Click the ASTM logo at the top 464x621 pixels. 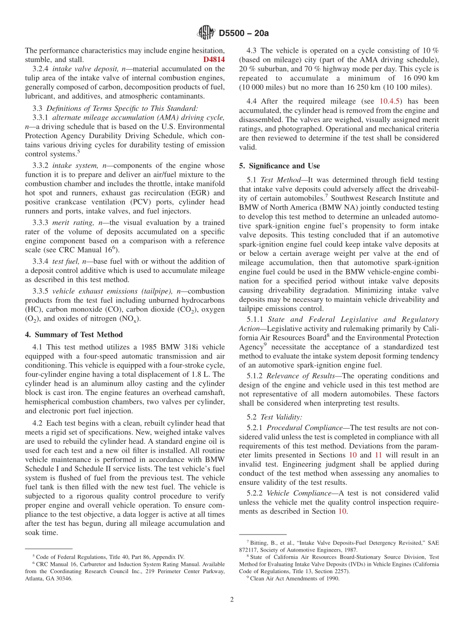tap(206, 33)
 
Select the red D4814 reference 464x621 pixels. tap(214, 60)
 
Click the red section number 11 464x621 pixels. tap(378, 455)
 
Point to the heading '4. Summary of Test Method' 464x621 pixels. tap(74, 334)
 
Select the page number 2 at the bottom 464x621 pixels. tap(232, 600)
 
